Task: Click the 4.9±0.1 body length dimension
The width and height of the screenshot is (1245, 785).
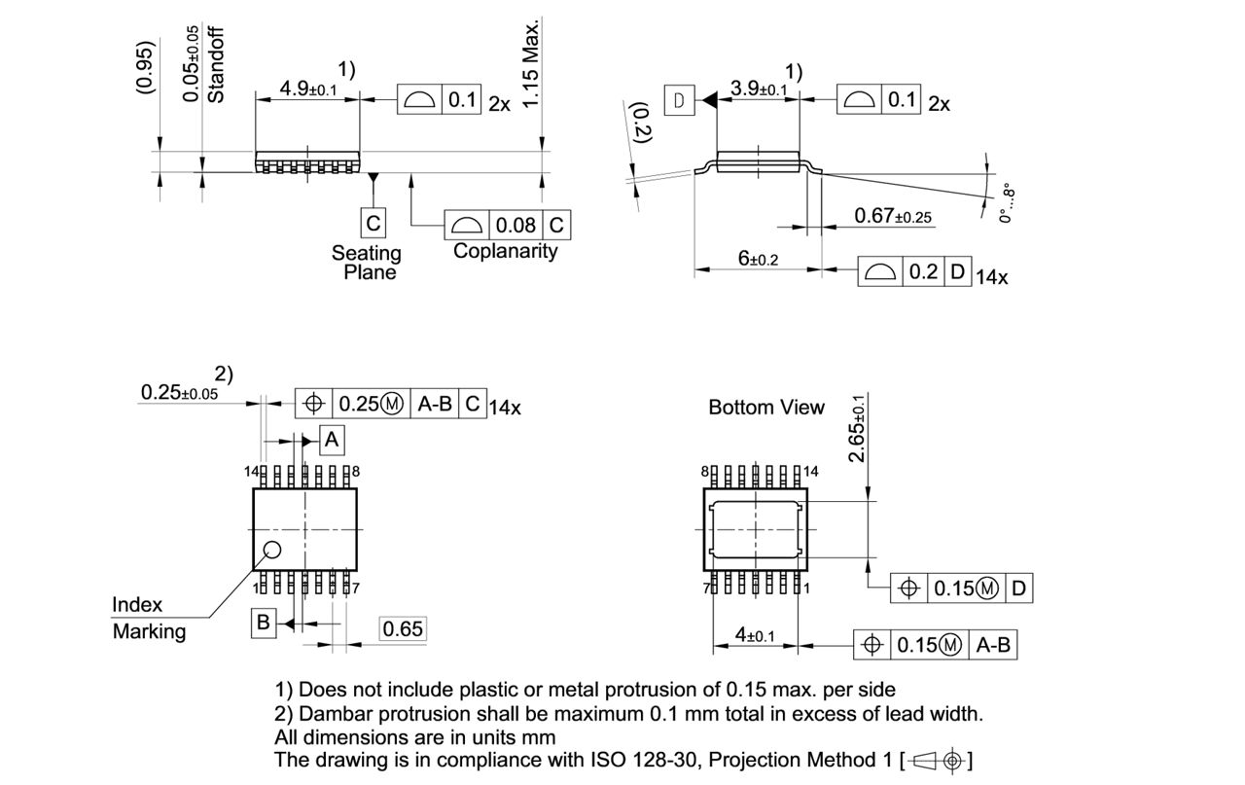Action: tap(307, 89)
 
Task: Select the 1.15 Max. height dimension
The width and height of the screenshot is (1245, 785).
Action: tap(530, 64)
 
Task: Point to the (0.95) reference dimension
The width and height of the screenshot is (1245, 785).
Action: tap(145, 66)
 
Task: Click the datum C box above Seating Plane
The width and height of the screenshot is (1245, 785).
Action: tap(373, 224)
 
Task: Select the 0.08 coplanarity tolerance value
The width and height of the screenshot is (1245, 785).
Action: tap(516, 225)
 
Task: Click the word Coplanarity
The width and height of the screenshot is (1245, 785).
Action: tap(506, 251)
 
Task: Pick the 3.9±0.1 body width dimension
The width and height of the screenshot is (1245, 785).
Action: tap(759, 89)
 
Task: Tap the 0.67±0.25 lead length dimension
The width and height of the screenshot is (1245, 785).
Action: tap(893, 215)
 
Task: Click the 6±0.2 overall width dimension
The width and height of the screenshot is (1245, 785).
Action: tap(758, 259)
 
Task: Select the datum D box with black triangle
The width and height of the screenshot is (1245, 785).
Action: tap(679, 99)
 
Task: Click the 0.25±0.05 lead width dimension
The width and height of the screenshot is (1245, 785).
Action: tap(179, 392)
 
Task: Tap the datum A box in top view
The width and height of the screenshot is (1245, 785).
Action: tap(332, 440)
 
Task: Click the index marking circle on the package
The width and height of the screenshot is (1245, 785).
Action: tap(272, 551)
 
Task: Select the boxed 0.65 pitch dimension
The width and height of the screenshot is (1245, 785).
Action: tap(402, 629)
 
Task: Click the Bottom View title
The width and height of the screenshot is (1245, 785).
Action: tap(765, 408)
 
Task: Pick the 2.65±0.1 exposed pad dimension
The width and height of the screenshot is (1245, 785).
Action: tap(858, 429)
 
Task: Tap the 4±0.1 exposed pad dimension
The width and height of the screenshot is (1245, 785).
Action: tap(755, 635)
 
